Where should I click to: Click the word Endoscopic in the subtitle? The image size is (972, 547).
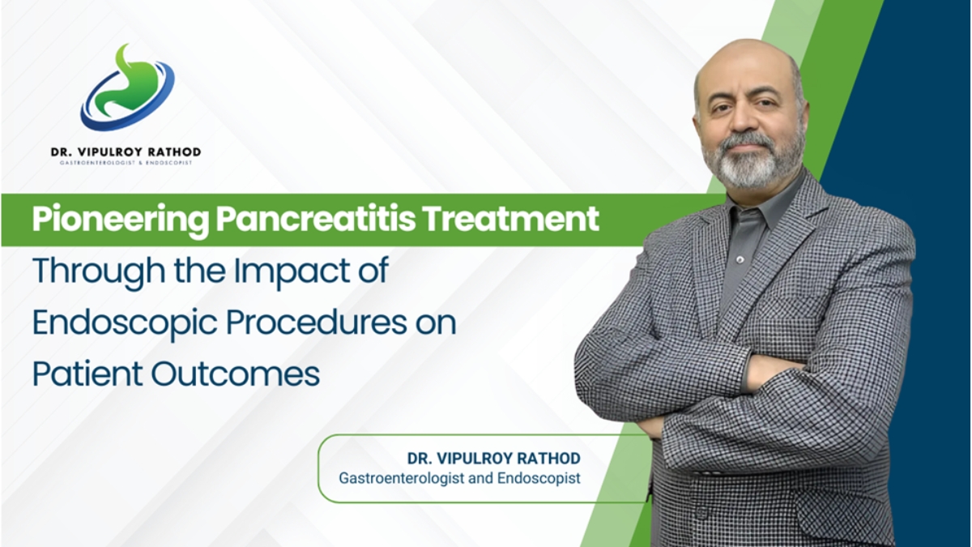click(122, 323)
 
